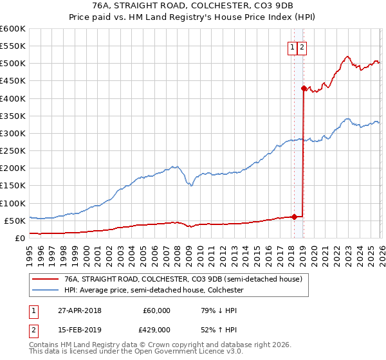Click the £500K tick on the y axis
point(12,64)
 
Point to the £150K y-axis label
point(12,186)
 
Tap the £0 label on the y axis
point(19,238)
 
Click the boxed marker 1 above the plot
point(293,46)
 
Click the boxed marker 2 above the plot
point(302,46)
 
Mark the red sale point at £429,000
point(304,88)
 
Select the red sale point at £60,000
point(294,217)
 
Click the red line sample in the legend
point(45,279)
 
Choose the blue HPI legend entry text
point(154,291)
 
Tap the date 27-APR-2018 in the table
point(79,310)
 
